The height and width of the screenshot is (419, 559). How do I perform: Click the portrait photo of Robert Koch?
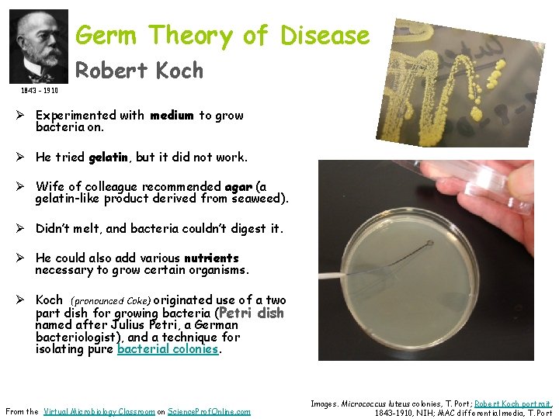[39, 46]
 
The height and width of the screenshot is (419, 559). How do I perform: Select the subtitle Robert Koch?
[139, 71]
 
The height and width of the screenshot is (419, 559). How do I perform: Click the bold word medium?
[172, 116]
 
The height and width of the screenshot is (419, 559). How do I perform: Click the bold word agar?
[238, 187]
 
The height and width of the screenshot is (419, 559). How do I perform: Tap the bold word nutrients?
[211, 258]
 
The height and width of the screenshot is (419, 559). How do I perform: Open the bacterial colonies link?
[168, 349]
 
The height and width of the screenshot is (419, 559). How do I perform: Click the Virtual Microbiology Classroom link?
[99, 411]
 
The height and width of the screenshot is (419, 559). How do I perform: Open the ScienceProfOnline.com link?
[210, 411]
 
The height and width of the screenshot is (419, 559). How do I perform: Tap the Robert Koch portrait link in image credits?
[512, 403]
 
